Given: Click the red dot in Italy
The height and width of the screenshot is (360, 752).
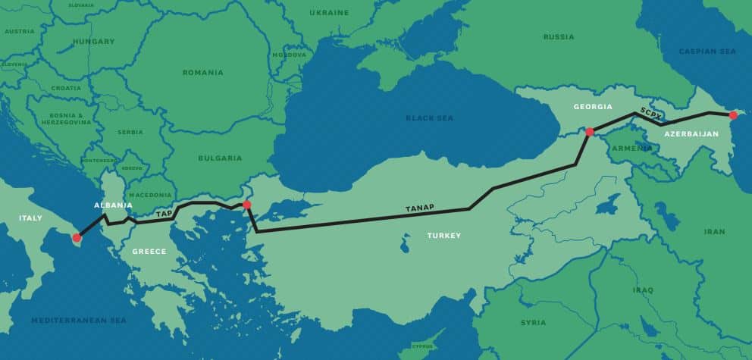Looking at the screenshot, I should [x=77, y=238].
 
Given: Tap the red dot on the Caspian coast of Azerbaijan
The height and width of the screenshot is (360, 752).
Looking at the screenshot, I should [x=732, y=115].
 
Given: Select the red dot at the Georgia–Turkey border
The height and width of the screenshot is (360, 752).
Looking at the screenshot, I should [x=589, y=132].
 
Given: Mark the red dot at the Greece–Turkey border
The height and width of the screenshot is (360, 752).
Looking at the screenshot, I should [x=246, y=205].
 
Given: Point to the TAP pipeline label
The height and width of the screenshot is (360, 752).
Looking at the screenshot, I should [x=164, y=214].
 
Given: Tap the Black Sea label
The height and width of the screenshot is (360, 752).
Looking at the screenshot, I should [x=428, y=118].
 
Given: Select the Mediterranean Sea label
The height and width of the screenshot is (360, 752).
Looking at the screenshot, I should [x=79, y=320].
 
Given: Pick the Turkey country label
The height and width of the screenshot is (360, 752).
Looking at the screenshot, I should [x=443, y=236].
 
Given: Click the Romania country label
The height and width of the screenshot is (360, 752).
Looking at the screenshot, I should [x=202, y=73].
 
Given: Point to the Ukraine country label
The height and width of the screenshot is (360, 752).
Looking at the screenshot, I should [x=329, y=13].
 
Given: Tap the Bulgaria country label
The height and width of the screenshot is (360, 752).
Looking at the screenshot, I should [x=221, y=158].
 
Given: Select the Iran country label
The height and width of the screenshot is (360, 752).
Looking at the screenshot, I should [x=714, y=231].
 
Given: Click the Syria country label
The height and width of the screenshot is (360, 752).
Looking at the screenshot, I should [x=533, y=323].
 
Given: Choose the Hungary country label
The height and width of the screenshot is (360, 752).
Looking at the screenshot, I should [x=95, y=41].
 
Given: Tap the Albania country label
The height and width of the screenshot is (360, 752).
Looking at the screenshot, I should [x=113, y=205].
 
